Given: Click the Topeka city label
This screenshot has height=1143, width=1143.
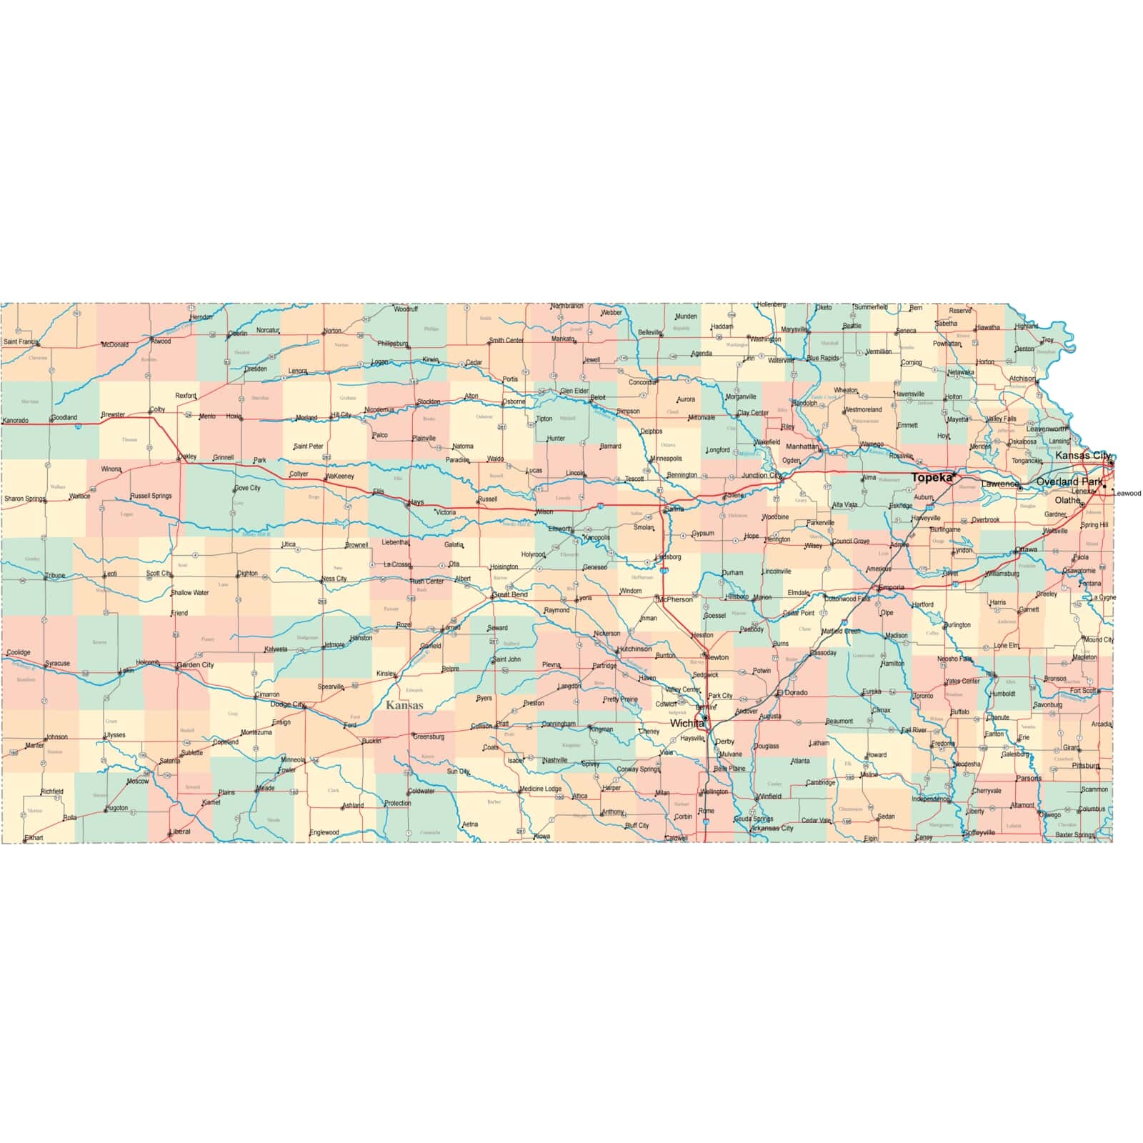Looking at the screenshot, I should [932, 477].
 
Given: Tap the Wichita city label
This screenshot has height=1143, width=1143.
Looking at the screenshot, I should [687, 723].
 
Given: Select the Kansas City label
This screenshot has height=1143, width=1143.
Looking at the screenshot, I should [1083, 455].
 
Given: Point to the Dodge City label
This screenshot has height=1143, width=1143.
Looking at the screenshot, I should [287, 704].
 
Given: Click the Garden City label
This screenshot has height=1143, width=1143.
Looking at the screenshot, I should [196, 664].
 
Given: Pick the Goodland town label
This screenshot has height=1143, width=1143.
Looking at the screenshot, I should [64, 417].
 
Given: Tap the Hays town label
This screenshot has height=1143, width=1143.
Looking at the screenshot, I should [416, 502].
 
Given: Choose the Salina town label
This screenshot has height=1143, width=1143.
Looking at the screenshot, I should [674, 509].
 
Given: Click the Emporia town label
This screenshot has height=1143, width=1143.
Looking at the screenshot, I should [892, 587].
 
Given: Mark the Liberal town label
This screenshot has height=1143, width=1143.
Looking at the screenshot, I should [181, 832].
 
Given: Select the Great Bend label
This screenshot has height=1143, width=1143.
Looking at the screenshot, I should [511, 594].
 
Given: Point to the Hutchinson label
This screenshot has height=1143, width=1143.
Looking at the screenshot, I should [635, 649].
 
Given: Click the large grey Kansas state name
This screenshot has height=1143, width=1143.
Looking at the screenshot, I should [404, 705].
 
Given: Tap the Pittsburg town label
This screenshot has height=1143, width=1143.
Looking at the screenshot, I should [1085, 766].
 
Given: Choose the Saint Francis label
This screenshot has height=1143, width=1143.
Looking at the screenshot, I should [21, 341].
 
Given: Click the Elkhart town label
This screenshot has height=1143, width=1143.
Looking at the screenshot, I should [34, 837].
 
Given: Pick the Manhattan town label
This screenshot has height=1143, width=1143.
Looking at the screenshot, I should [802, 446].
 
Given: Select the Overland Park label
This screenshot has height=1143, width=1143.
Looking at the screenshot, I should [1069, 481].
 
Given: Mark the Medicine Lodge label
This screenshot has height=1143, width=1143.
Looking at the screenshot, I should [541, 789].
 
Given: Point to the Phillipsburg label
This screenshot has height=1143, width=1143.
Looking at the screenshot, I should [392, 344].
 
